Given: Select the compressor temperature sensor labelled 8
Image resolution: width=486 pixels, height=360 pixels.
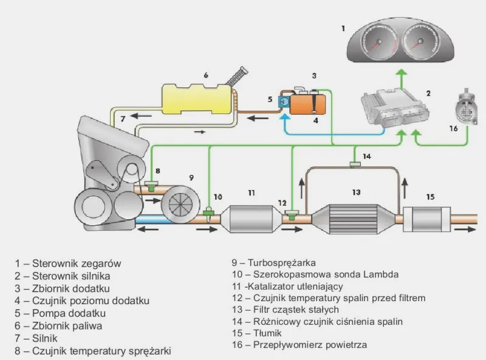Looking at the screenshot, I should pos(151,184).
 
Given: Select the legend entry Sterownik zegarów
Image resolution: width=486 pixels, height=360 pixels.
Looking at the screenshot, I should pos(72,263).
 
